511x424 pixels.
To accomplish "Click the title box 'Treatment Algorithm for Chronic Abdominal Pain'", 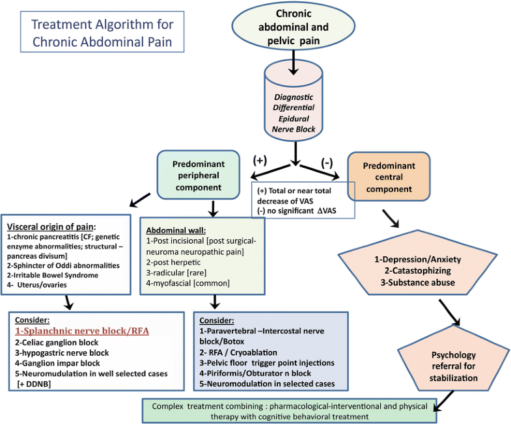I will tap(103, 33).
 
